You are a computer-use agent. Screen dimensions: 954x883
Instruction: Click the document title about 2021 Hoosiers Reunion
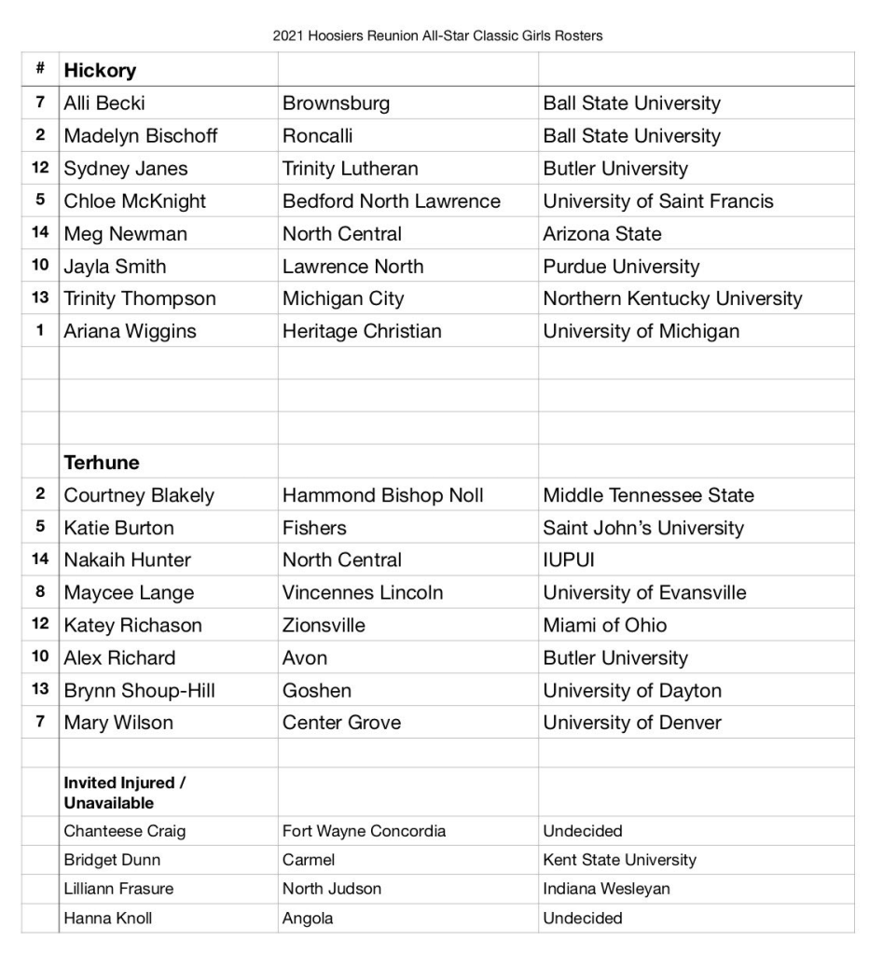point(437,36)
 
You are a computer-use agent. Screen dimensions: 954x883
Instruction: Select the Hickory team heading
point(100,70)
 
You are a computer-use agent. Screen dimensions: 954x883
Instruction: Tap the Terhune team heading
point(102,463)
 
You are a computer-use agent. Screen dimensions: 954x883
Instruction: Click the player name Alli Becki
point(104,103)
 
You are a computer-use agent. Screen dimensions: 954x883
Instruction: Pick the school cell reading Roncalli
point(318,135)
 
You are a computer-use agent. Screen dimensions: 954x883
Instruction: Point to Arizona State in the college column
point(602,233)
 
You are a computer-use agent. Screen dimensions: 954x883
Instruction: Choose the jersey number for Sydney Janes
point(40,168)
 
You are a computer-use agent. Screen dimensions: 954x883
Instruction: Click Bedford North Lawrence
point(392,200)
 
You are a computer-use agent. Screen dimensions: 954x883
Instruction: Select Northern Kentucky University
point(672,298)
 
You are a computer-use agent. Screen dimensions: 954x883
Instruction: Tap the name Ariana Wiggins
point(130,331)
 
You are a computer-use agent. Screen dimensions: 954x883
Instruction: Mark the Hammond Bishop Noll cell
point(383,495)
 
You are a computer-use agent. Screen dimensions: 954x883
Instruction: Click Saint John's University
point(643,528)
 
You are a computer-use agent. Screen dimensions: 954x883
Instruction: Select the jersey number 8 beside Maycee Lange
point(40,592)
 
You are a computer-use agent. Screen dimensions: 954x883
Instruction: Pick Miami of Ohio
point(605,625)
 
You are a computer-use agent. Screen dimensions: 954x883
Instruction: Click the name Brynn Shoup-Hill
point(139,690)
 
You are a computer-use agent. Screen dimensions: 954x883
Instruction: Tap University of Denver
point(632,723)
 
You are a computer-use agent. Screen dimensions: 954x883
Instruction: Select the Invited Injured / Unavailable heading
point(124,793)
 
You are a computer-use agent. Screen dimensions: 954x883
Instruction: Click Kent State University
point(619,860)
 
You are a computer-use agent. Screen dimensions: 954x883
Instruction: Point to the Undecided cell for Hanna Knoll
point(583,919)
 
